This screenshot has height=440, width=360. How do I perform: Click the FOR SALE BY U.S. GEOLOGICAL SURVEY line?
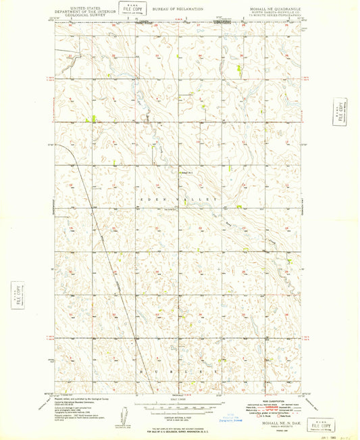tap(181, 430)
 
